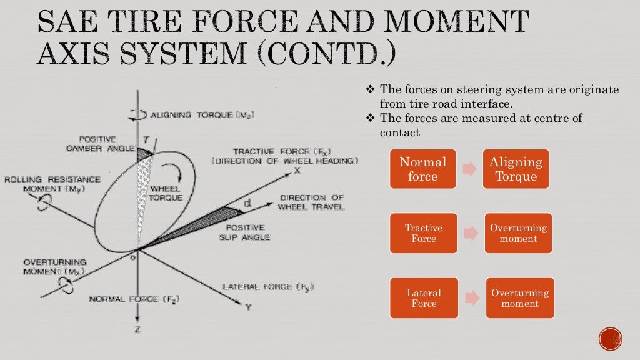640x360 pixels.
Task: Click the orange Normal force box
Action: tap(423, 169)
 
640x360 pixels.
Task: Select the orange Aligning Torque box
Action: tap(516, 169)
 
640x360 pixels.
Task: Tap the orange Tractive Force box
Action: tap(423, 233)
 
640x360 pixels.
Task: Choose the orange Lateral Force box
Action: tap(423, 298)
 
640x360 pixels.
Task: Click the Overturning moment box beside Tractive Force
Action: tap(518, 233)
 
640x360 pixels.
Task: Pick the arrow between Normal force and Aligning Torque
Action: tap(469, 169)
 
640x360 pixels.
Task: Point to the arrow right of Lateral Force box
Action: tap(472, 298)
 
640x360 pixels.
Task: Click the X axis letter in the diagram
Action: tap(297, 170)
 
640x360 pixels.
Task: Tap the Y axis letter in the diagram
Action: tap(248, 307)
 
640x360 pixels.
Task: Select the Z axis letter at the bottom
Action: tap(137, 329)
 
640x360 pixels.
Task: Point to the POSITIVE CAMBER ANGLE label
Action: tap(101, 143)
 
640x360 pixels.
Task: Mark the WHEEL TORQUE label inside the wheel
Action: tap(166, 193)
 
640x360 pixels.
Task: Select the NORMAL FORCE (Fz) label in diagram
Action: tap(134, 299)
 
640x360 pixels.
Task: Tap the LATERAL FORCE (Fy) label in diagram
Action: tap(268, 287)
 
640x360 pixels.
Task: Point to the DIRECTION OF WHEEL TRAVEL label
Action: tap(311, 202)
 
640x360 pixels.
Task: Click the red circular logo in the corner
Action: tap(610, 339)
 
